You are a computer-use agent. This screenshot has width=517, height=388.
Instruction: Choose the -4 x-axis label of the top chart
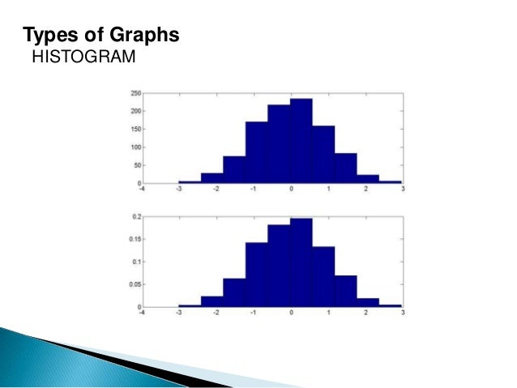click(x=141, y=190)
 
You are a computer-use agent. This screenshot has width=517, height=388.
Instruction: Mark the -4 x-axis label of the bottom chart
click(x=141, y=313)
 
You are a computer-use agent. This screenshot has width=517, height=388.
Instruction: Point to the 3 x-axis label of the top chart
click(x=402, y=190)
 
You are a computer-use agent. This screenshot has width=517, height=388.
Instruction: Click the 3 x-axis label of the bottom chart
click(x=402, y=313)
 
